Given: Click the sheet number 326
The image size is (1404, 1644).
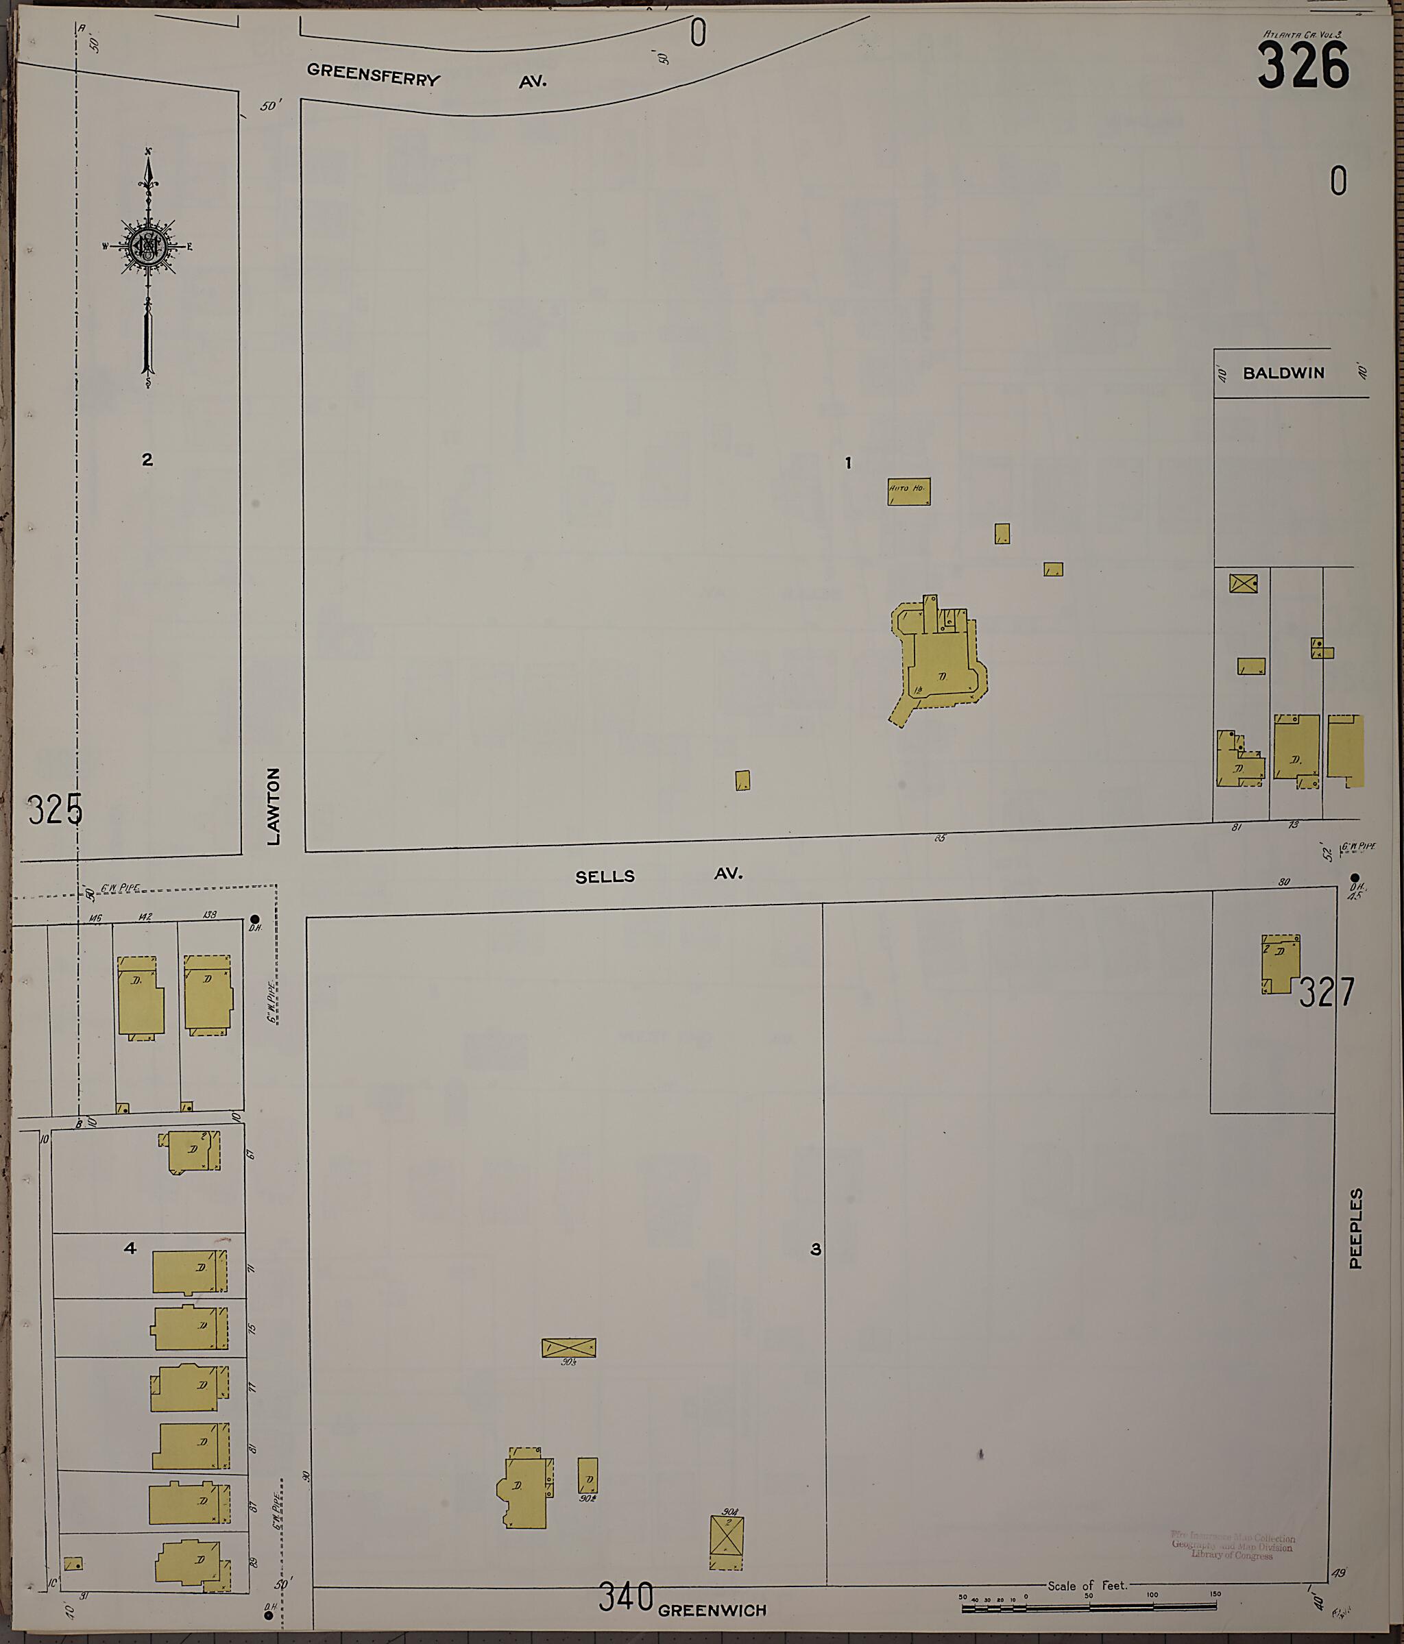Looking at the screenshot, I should pyautogui.click(x=1303, y=65).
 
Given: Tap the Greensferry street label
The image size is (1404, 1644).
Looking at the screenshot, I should pyautogui.click(x=373, y=75).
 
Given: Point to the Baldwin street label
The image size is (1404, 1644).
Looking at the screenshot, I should pyautogui.click(x=1283, y=373).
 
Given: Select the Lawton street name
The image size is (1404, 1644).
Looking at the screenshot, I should pyautogui.click(x=274, y=805).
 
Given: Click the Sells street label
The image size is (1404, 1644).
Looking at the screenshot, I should pyautogui.click(x=605, y=876).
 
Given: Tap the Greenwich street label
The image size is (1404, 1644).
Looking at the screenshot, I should pyautogui.click(x=712, y=1610).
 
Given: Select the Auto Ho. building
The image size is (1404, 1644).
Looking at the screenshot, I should pyautogui.click(x=909, y=492).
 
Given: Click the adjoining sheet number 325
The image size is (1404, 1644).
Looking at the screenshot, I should pyautogui.click(x=55, y=810).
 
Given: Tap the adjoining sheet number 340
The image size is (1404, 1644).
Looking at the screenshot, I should pyautogui.click(x=626, y=1597).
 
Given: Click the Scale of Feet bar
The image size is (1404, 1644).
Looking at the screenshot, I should pyautogui.click(x=1088, y=1608).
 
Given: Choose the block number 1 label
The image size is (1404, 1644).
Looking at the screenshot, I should pyautogui.click(x=849, y=462).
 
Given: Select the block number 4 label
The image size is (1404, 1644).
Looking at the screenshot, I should pyautogui.click(x=130, y=1248).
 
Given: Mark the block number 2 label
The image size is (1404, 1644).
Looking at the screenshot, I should pyautogui.click(x=147, y=459).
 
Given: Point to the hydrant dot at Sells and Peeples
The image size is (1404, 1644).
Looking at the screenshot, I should pyautogui.click(x=1354, y=876).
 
